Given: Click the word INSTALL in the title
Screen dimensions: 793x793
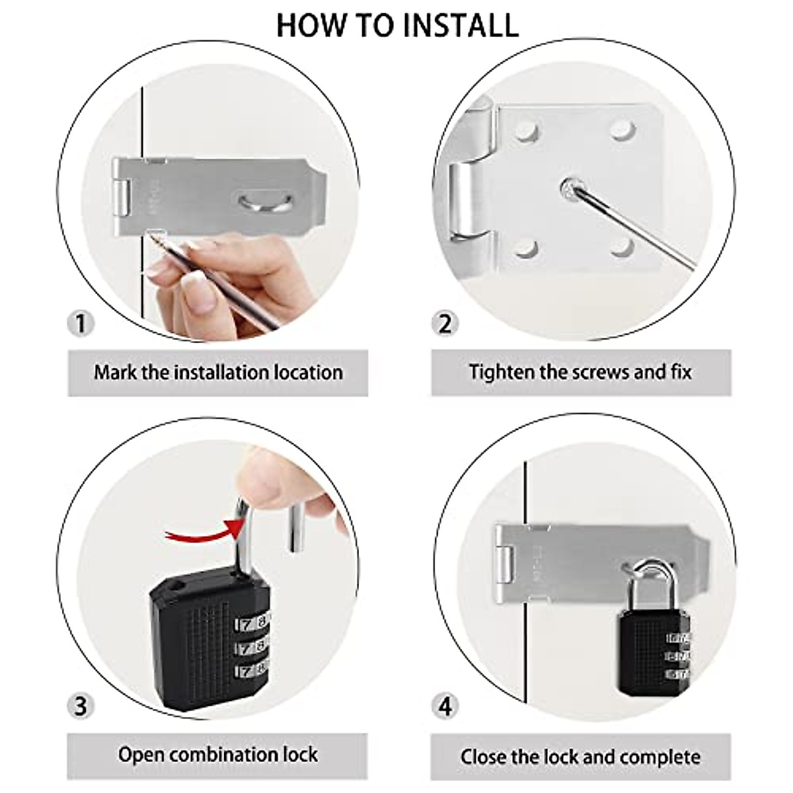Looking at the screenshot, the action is click(460, 25).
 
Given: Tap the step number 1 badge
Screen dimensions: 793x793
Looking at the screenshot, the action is click(81, 324).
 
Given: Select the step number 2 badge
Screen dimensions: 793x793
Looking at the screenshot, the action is click(445, 324).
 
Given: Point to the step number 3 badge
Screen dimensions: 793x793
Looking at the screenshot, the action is click(81, 706).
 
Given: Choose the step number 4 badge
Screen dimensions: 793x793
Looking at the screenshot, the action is click(445, 706).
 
